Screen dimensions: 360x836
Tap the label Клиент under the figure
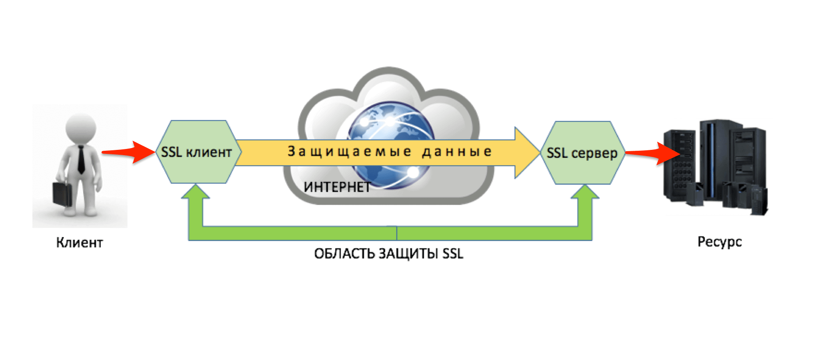point(79,243)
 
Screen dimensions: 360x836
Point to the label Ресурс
point(719,242)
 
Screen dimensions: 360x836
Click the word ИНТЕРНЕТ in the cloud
point(337,187)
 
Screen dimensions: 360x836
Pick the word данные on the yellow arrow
point(457,152)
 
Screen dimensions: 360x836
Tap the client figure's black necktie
point(81,160)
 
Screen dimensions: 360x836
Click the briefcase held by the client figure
point(62,193)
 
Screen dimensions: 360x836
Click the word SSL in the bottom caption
point(453,254)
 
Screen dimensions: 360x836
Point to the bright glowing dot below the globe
point(413,172)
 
